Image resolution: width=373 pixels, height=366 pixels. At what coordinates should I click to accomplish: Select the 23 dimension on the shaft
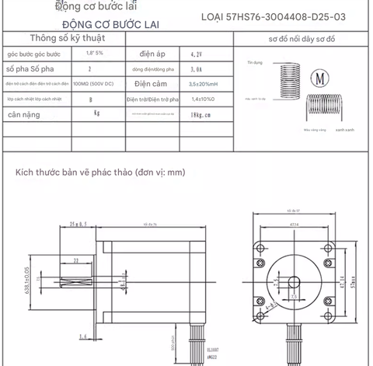(x=75, y=260)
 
